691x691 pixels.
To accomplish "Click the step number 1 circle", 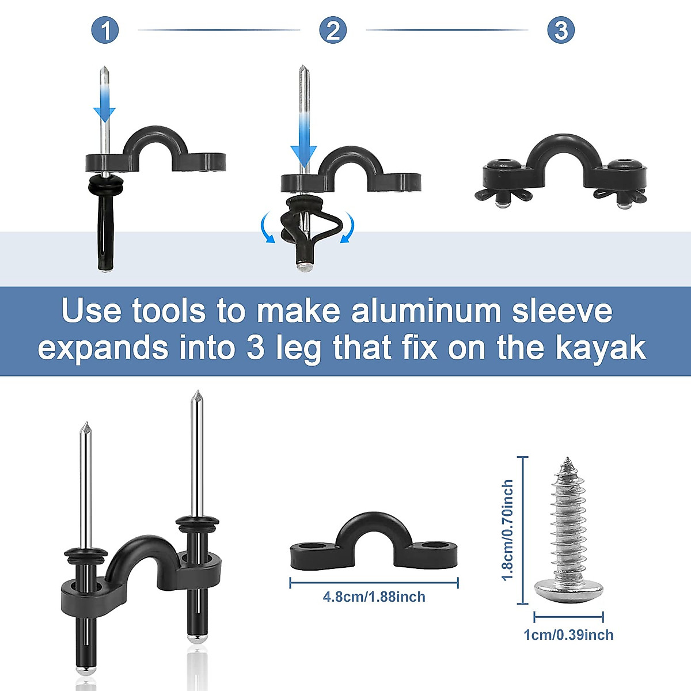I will point(105,30).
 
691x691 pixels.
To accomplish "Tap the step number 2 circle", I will point(333,30).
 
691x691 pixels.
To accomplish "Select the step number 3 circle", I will point(561,30).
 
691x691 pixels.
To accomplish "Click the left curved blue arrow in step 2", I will point(267,227).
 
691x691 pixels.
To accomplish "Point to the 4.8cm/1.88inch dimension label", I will point(374,597).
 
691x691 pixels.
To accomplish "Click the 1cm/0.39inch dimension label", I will point(568,635).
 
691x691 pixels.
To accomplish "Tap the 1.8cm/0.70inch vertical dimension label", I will point(507,530).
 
